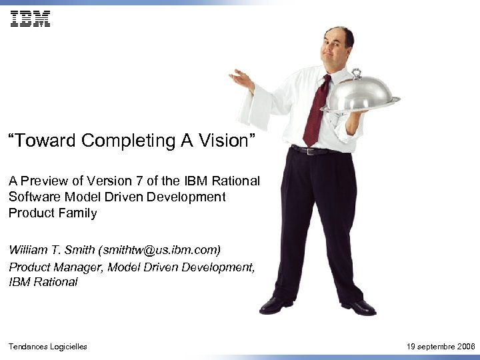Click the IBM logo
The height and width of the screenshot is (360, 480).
[30, 19]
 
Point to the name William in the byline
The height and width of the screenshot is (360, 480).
[29, 250]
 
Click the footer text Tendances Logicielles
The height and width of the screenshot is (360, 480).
[47, 347]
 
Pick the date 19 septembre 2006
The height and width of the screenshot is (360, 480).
[439, 347]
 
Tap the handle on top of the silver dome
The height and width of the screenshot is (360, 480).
[357, 73]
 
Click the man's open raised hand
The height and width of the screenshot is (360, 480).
[241, 81]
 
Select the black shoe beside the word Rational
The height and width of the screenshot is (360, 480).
[275, 305]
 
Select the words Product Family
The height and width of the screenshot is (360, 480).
[53, 213]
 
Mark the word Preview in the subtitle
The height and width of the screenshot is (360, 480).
[43, 181]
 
